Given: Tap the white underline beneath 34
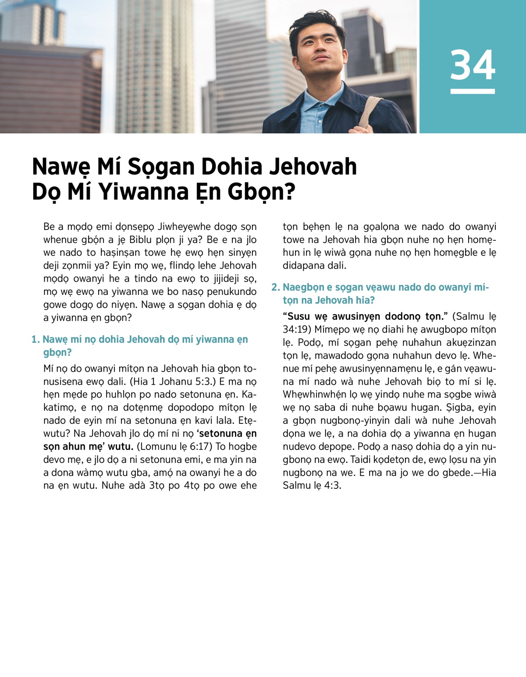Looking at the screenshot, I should click(473, 91).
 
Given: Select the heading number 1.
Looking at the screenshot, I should click(35, 339).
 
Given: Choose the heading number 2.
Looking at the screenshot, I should click(275, 287).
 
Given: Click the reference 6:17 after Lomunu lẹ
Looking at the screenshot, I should click(201, 447).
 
